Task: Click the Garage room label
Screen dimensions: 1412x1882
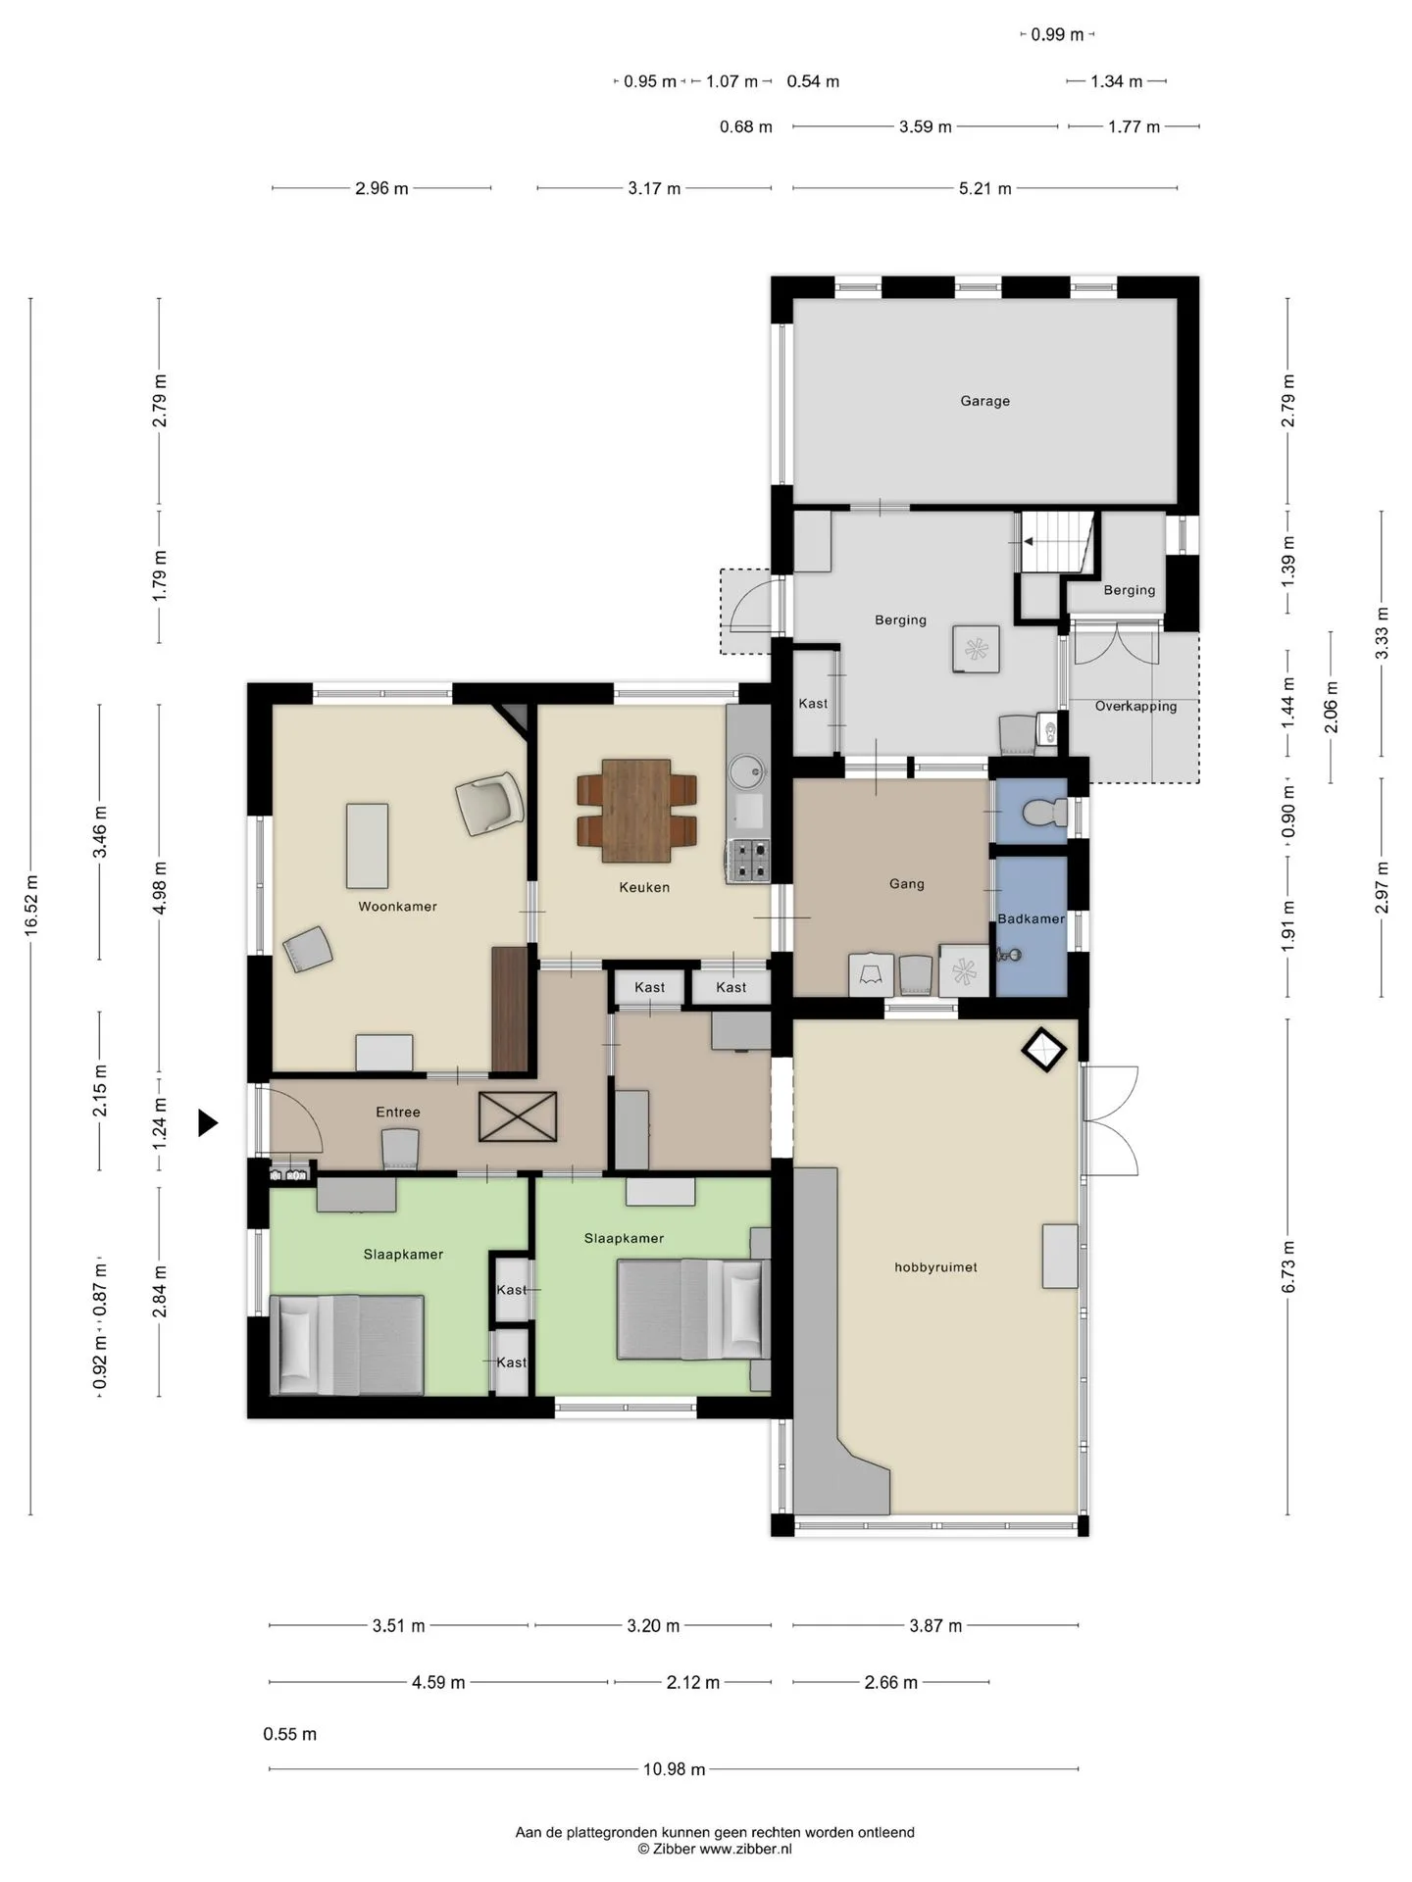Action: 984,401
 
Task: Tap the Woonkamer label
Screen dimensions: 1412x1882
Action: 397,907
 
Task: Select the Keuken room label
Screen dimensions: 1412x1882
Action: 644,888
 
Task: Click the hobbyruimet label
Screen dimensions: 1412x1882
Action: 935,1267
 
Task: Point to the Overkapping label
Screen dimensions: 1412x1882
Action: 1135,706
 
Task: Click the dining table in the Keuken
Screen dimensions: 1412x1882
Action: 636,811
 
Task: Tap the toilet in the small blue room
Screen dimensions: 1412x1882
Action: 1043,813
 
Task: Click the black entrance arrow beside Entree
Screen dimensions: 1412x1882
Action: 207,1122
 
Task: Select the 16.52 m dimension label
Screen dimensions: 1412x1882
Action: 30,906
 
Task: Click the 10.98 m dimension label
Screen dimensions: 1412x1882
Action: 674,1769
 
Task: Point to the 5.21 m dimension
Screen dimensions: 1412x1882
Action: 984,188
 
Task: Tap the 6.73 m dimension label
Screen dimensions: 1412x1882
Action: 1288,1266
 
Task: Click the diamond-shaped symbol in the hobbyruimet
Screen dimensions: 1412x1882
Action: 1043,1050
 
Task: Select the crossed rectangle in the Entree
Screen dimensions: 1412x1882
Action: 518,1117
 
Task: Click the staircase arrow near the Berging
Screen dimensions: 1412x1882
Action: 1029,541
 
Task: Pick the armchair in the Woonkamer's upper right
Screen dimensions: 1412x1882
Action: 488,803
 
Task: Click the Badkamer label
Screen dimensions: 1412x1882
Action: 1032,919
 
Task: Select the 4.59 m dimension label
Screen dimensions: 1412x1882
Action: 438,1683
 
